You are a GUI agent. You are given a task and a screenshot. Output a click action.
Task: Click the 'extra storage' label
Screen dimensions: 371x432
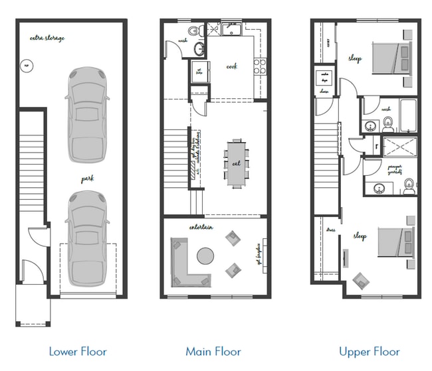pos(47,38)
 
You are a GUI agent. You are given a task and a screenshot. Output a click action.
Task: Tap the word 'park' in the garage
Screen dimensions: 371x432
pos(88,179)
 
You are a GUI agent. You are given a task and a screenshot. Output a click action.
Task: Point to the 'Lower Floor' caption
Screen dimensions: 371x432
pos(77,351)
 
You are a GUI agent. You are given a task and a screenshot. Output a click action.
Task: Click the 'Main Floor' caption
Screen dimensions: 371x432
pos(213,351)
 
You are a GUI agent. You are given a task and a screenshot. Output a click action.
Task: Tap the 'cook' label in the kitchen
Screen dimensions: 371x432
pos(232,66)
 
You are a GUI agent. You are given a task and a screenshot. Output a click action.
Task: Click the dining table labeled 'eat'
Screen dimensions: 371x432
pos(237,163)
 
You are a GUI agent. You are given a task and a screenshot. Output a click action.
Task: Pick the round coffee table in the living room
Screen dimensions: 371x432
pos(206,256)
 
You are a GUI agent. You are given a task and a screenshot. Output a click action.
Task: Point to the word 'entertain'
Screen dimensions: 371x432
pos(201,228)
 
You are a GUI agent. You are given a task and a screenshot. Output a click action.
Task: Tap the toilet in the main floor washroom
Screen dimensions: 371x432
pos(195,31)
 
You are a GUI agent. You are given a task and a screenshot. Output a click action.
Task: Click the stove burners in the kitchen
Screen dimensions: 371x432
pos(260,66)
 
